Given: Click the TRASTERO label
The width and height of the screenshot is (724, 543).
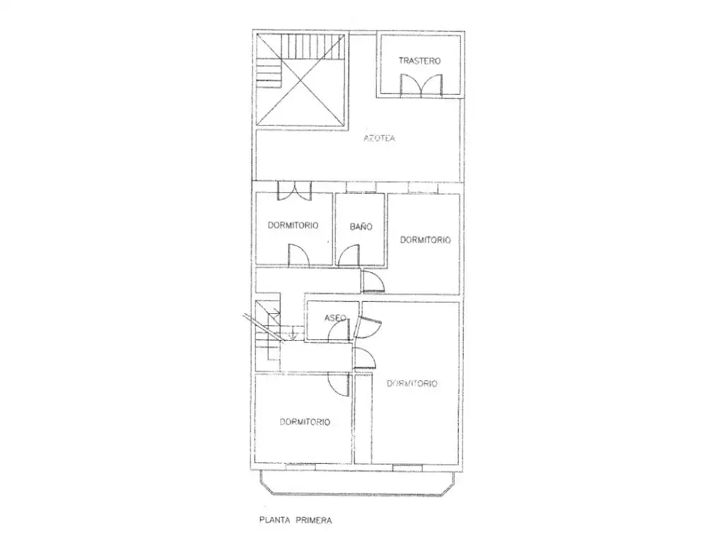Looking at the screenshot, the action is (x=419, y=61).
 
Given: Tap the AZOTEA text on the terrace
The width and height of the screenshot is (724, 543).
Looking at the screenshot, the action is (x=379, y=138).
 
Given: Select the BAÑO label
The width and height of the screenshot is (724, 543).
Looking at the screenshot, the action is (x=361, y=226).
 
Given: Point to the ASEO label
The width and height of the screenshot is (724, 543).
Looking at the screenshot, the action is (x=334, y=317).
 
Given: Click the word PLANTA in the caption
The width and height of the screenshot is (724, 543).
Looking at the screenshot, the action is (x=275, y=520).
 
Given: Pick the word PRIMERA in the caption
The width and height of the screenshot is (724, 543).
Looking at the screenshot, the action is (x=313, y=520).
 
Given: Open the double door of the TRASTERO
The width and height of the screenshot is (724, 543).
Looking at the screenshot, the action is (x=421, y=86).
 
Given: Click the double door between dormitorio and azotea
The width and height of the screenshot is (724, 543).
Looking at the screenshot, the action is (x=294, y=191).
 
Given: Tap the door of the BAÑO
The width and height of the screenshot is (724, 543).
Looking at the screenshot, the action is (x=349, y=255).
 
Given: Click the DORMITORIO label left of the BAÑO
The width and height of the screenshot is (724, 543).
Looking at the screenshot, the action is (x=293, y=226).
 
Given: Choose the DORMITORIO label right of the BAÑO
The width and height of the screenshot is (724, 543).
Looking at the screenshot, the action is (x=425, y=240).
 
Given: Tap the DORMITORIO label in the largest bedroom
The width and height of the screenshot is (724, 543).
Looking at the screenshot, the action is (x=412, y=383).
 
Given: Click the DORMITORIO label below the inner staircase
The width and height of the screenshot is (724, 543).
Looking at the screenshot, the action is (x=305, y=421).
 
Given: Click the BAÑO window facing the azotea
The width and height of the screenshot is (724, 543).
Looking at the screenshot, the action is (x=361, y=187).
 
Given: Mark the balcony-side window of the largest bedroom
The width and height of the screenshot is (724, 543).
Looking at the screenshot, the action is (x=407, y=467).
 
